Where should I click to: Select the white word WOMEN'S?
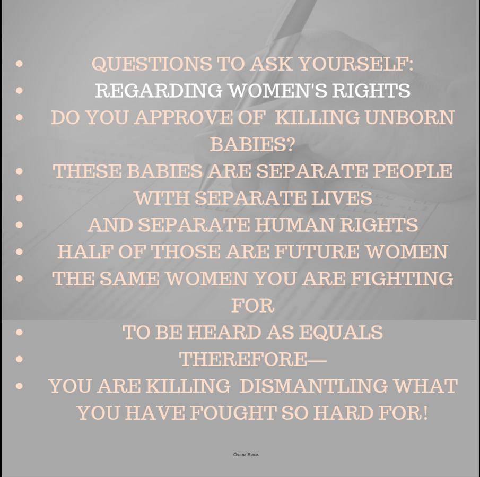point(277,91)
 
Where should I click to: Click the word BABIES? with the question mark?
point(252,144)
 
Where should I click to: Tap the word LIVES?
point(341,198)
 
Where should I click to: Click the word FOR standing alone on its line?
point(252,306)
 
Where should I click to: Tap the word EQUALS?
point(341,333)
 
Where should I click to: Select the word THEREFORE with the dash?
point(252,359)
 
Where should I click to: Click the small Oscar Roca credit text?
point(246,455)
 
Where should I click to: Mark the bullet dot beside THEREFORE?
point(20,359)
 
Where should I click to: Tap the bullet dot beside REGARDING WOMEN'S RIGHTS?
point(20,91)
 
